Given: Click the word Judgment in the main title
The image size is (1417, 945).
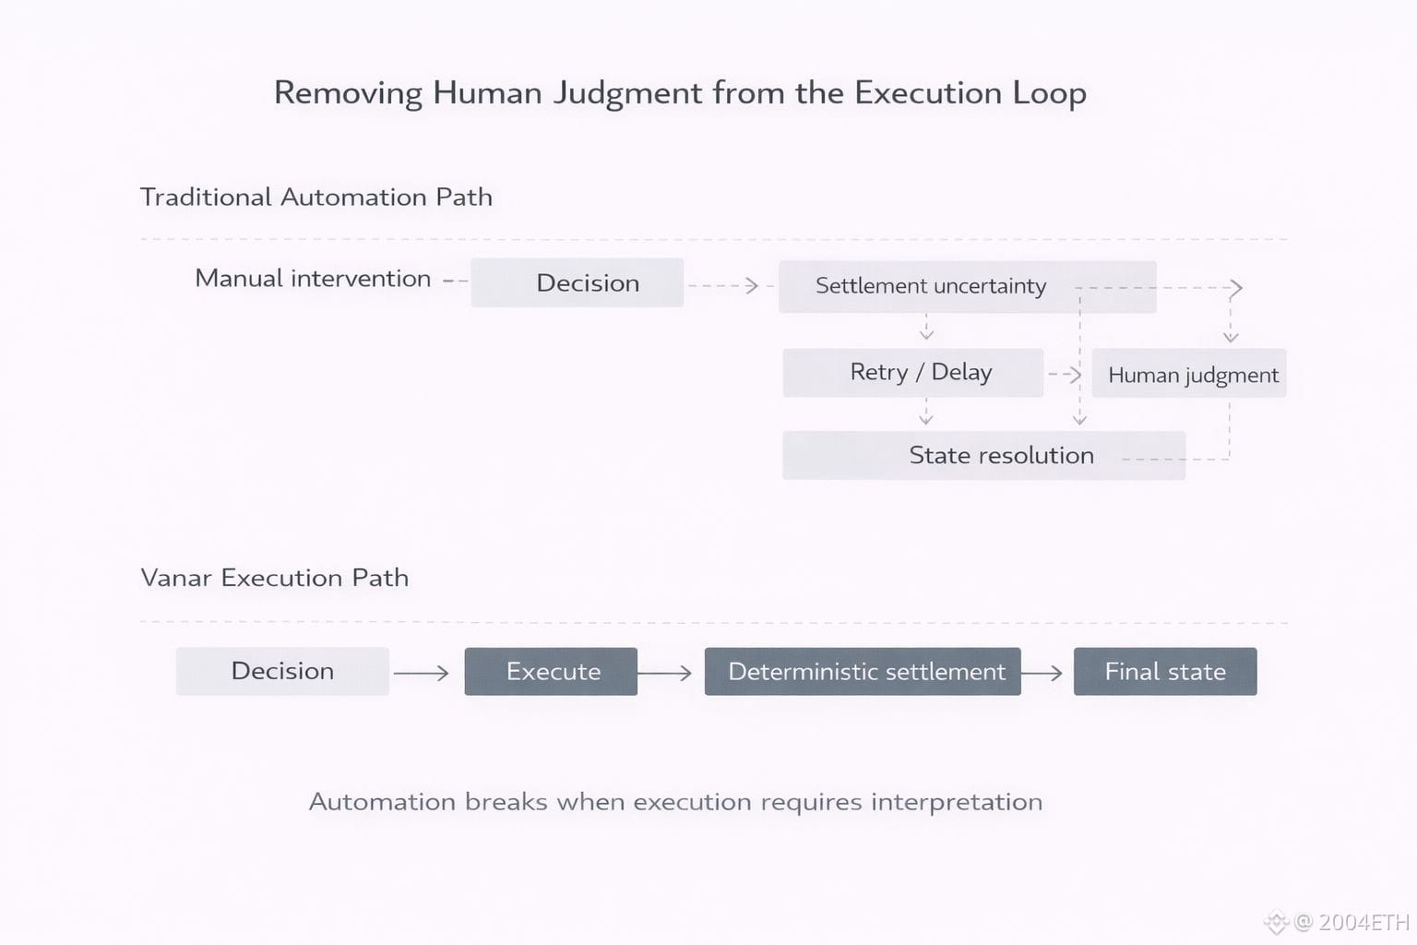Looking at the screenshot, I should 627,93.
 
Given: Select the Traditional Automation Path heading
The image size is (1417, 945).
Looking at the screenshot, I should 316,197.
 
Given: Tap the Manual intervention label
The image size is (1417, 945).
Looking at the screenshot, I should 313,279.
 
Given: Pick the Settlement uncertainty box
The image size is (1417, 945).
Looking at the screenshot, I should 930,286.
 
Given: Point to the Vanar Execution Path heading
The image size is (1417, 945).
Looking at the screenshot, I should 274,578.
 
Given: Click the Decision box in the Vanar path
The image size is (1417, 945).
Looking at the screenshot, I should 282,671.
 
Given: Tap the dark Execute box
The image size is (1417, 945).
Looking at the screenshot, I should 551,672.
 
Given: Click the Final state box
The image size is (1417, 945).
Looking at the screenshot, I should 1165,672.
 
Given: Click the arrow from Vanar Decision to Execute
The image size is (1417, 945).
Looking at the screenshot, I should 422,674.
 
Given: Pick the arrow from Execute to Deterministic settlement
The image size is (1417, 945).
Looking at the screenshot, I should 664,674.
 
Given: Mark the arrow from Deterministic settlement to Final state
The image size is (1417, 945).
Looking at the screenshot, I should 1042,674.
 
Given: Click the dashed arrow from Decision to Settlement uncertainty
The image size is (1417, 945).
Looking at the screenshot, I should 725,286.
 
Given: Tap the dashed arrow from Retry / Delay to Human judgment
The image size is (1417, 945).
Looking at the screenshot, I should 1066,374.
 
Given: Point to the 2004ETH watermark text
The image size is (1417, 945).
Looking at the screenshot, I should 1363,922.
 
